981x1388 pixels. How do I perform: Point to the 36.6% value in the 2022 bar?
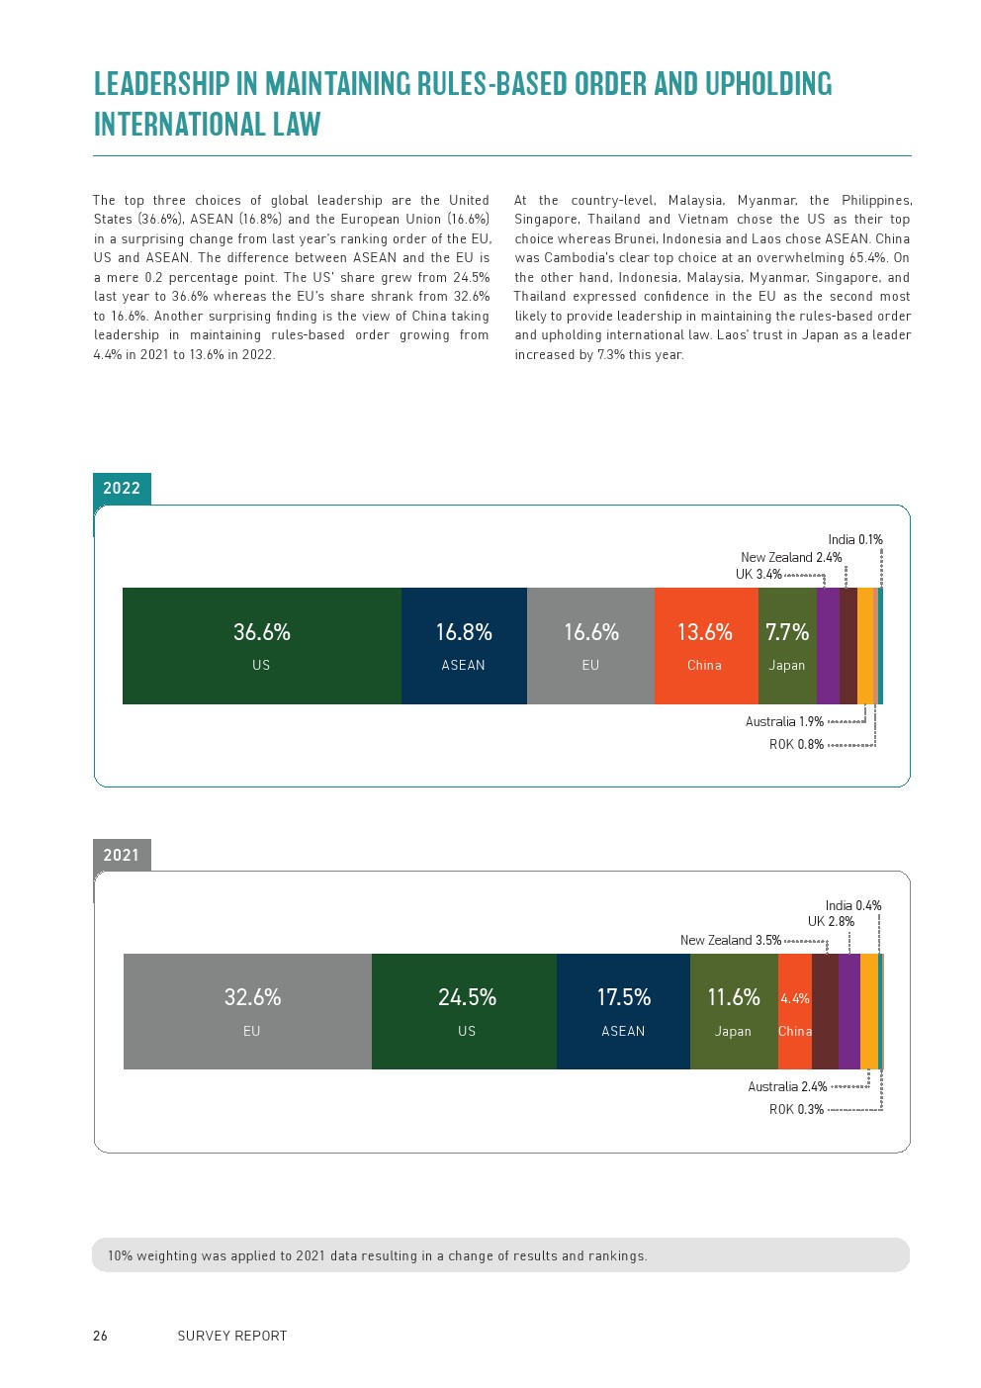click(x=262, y=632)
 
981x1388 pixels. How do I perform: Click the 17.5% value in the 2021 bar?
click(x=624, y=997)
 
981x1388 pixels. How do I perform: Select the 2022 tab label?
click(x=122, y=488)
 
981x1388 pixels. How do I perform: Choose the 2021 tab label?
click(x=122, y=855)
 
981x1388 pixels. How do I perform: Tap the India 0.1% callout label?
click(x=855, y=540)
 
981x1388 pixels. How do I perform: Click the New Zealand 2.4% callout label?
click(x=791, y=558)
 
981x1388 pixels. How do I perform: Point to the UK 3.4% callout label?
click(x=758, y=575)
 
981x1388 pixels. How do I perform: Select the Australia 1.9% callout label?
click(x=784, y=722)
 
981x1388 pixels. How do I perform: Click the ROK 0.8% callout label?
click(x=796, y=745)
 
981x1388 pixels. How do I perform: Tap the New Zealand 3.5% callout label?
click(x=730, y=941)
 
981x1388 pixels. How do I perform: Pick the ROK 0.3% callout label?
click(x=796, y=1110)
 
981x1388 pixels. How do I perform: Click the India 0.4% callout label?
click(x=853, y=906)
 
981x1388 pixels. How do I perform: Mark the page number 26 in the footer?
click(x=100, y=1336)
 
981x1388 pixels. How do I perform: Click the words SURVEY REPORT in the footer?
click(x=232, y=1336)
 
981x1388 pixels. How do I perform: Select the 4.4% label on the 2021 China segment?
click(x=795, y=999)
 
